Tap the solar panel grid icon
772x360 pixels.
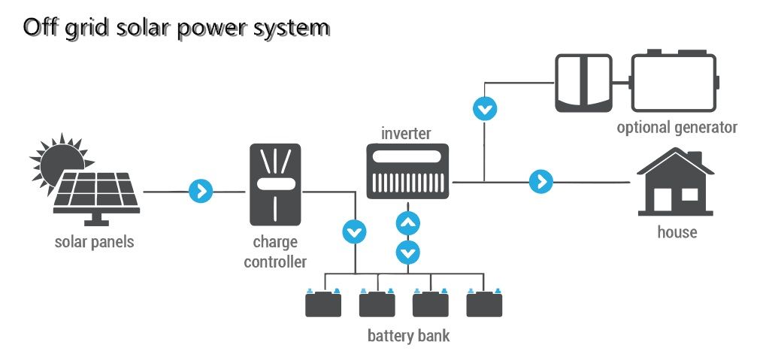[x=96, y=192]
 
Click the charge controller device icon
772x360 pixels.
[x=274, y=185]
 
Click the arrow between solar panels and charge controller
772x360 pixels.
[x=201, y=191]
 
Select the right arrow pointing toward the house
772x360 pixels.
[x=540, y=182]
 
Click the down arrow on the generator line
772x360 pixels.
[x=485, y=108]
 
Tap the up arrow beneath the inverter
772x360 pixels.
[x=407, y=223]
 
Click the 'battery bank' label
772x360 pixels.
[x=408, y=335]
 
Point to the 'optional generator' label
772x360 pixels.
[x=677, y=127]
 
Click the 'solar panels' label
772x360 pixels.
[x=94, y=242]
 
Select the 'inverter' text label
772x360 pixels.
[x=406, y=134]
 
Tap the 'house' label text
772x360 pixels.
[x=677, y=232]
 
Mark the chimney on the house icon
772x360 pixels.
[x=697, y=158]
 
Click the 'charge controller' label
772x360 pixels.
[x=275, y=252]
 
